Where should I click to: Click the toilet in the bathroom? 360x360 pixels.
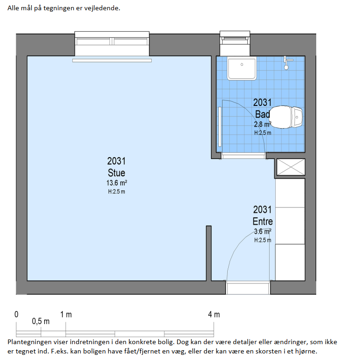tap(286, 117)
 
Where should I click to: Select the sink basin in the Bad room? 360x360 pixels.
tap(242, 69)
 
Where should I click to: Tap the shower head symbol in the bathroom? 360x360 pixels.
tap(286, 63)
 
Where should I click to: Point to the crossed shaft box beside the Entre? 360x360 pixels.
tap(291, 167)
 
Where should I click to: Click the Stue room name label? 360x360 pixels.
tap(116, 173)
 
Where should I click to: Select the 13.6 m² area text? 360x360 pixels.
tap(116, 183)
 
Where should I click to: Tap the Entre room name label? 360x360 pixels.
tap(263, 222)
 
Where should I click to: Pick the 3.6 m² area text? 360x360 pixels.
tap(263, 231)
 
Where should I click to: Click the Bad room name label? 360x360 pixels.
tap(262, 114)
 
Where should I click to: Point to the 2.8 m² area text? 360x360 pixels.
tap(263, 125)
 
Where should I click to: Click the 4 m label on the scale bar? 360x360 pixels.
tap(214, 314)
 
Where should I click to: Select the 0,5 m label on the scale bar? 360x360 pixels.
tap(41, 321)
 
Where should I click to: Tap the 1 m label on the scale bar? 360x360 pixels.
tap(66, 314)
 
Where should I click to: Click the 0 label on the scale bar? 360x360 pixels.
tap(16, 314)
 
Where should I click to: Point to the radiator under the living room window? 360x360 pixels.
tap(112, 61)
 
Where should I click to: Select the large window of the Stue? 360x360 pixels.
tap(112, 44)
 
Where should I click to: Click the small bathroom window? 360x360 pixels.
tap(235, 43)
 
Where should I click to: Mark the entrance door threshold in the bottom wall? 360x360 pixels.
tap(248, 287)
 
